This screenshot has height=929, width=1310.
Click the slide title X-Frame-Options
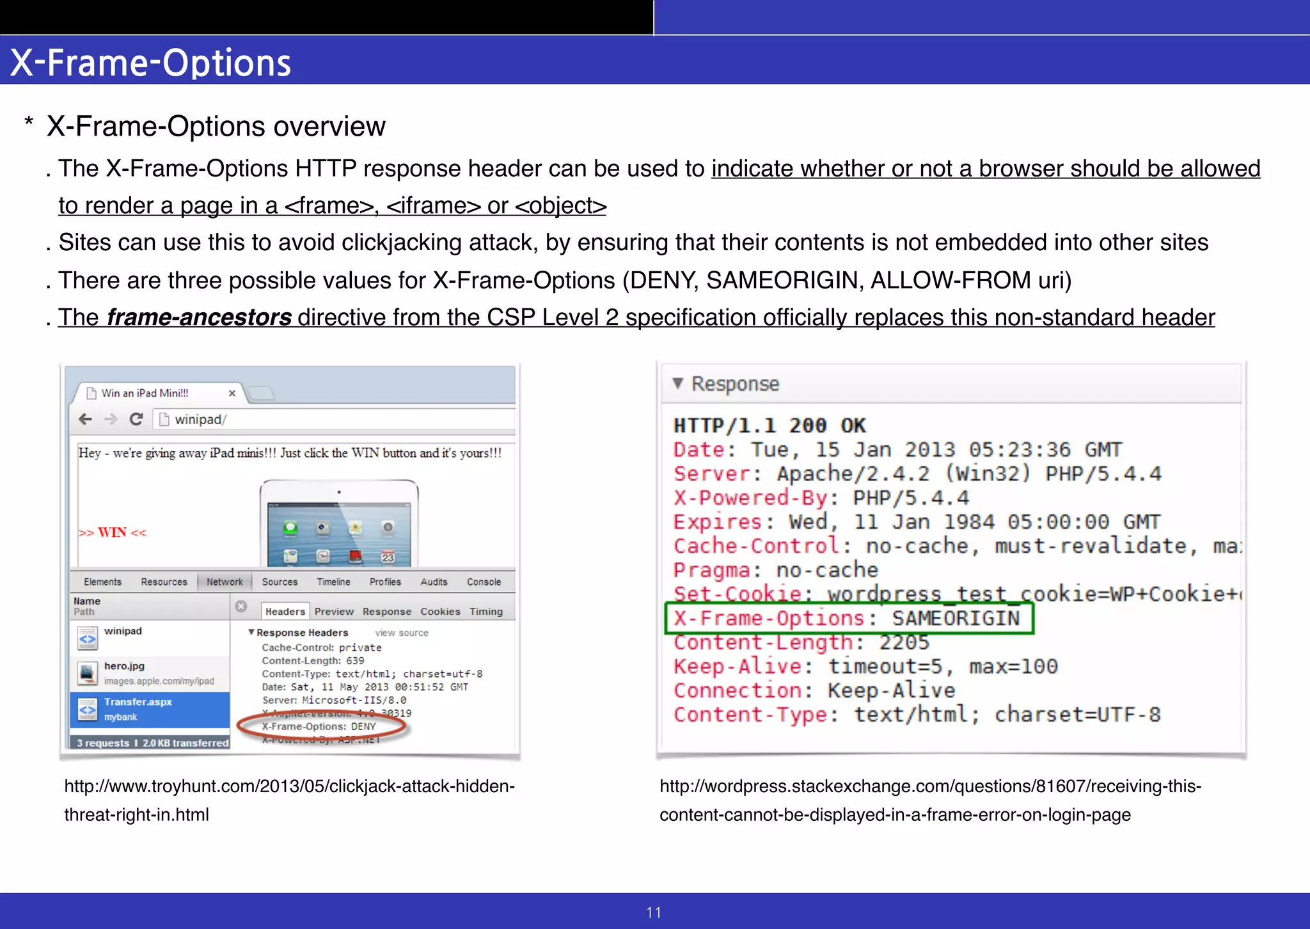tap(151, 63)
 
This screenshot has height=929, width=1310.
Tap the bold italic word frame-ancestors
tap(199, 317)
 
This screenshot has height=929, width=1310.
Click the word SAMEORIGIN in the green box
tap(956, 618)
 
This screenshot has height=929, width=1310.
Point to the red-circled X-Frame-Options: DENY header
tap(319, 726)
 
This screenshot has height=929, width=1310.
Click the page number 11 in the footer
tap(654, 912)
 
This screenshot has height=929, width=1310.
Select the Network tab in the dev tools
tap(225, 582)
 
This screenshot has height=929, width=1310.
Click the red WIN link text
tap(113, 532)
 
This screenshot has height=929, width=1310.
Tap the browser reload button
tap(136, 419)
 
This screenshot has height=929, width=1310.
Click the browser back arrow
tap(85, 419)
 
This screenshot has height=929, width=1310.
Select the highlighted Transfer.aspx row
tap(150, 709)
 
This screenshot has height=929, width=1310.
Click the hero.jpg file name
tap(124, 666)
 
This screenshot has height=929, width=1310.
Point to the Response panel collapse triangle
tap(678, 383)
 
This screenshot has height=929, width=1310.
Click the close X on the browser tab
tap(232, 393)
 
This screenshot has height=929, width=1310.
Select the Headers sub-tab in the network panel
tap(285, 612)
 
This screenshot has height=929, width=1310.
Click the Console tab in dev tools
tap(484, 582)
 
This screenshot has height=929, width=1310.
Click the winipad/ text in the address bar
tap(200, 419)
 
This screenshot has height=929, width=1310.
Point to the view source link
tap(402, 633)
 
